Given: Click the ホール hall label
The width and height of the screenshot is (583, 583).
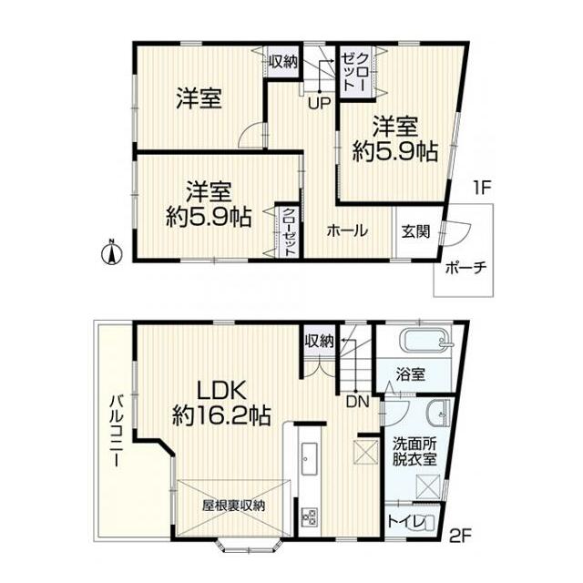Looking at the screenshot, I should [x=347, y=231].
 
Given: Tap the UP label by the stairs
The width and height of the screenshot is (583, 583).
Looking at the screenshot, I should [x=318, y=103].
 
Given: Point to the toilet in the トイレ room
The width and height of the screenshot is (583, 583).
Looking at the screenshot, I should [x=426, y=523].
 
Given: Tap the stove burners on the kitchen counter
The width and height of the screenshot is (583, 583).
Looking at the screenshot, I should [x=307, y=517].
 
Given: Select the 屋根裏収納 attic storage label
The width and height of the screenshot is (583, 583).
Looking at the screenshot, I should [x=233, y=506].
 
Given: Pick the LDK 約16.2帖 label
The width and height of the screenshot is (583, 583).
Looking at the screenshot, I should [x=220, y=404].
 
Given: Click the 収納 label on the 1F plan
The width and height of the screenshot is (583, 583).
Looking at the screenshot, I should [x=283, y=62].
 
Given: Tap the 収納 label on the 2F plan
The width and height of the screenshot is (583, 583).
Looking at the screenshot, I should [x=319, y=341].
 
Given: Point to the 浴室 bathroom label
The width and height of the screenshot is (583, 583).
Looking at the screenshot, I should [x=411, y=373].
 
